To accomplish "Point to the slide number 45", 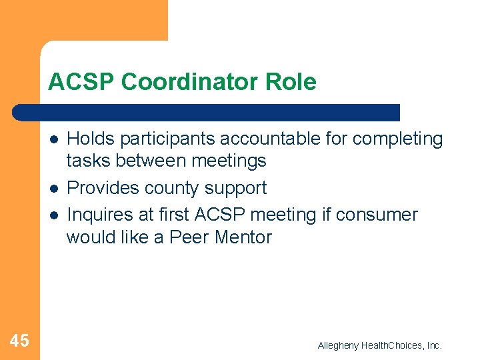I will [x=19, y=341].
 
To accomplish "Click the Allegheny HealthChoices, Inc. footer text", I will [x=379, y=345].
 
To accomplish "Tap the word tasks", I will [x=87, y=161].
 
